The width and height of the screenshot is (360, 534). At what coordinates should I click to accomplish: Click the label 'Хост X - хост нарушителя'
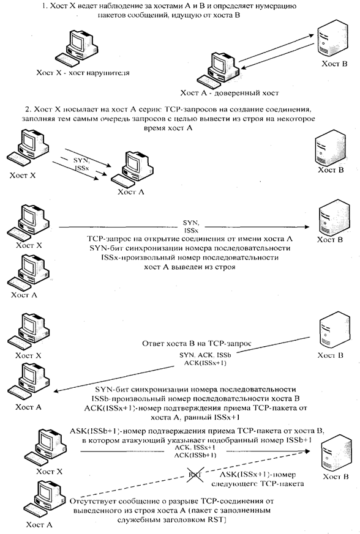[x=83, y=73]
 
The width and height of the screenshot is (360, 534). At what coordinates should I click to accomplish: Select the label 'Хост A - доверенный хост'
[x=230, y=93]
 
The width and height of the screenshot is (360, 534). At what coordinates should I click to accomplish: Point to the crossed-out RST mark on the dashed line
[x=194, y=475]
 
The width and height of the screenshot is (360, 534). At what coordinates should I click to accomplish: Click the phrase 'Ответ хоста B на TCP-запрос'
[x=197, y=344]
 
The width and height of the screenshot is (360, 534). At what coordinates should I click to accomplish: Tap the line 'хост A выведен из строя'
[x=190, y=267]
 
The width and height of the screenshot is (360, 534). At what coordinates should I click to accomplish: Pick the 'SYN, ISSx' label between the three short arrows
[x=81, y=163]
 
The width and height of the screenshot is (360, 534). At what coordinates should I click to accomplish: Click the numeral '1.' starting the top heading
[x=45, y=6]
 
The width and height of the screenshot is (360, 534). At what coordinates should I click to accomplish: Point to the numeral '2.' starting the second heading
[x=28, y=109]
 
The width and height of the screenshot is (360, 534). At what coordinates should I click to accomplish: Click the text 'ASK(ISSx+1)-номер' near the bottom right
[x=258, y=475]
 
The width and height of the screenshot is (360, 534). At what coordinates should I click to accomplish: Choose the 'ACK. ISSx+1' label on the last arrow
[x=195, y=448]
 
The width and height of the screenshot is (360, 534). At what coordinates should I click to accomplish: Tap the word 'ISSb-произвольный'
[x=124, y=398]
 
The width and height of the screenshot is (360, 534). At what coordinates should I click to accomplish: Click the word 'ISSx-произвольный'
[x=133, y=258]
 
